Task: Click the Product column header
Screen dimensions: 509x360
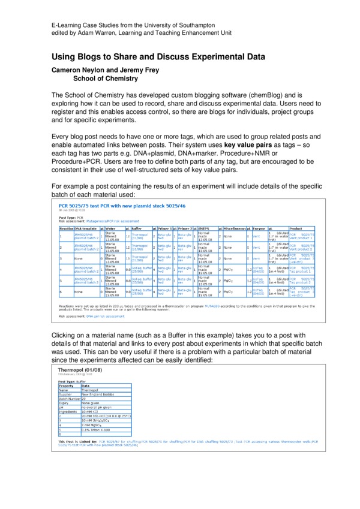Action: point(296,228)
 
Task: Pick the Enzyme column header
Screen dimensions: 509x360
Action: point(259,228)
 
